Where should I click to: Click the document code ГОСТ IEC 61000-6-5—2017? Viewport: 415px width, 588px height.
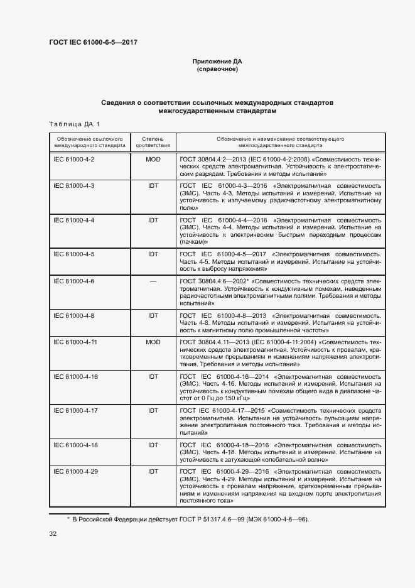click(93, 42)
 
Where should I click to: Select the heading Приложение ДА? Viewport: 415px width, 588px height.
click(217, 62)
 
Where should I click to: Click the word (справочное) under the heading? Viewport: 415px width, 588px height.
click(217, 69)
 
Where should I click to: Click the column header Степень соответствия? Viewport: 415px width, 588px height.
click(153, 141)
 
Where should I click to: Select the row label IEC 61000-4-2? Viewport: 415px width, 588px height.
click(74, 160)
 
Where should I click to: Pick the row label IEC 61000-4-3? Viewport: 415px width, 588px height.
click(74, 187)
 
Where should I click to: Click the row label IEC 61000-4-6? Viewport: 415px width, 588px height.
click(74, 281)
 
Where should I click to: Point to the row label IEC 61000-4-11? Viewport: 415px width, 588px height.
click(75, 342)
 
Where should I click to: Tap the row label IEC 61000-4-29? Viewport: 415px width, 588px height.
click(75, 471)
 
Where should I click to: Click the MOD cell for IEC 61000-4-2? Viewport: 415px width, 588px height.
click(153, 160)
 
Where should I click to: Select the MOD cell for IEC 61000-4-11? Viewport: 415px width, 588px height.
click(153, 342)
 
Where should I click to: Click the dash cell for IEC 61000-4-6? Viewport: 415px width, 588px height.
click(153, 281)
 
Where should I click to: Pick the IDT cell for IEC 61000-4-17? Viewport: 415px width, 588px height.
click(153, 410)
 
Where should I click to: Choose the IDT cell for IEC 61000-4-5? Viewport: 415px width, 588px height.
click(153, 254)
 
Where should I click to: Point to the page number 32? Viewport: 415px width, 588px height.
click(53, 534)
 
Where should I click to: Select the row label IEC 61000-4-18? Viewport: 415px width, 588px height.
click(75, 444)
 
